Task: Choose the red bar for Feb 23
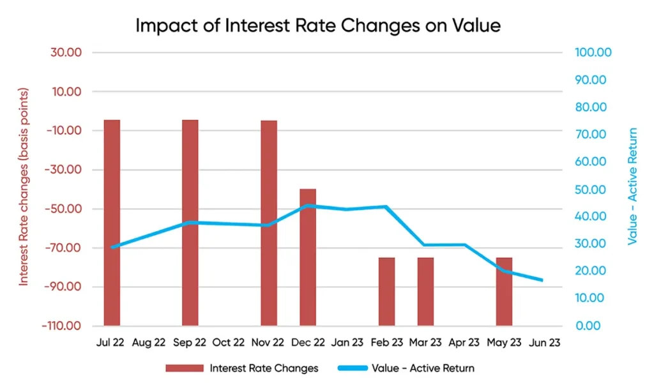[x=386, y=291]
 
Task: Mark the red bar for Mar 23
[x=426, y=291]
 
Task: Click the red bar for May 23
[x=504, y=291]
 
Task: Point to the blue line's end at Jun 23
[x=542, y=280]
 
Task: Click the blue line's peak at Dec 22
[x=308, y=206]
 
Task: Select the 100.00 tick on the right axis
[x=593, y=52]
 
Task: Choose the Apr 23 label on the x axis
[x=464, y=343]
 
